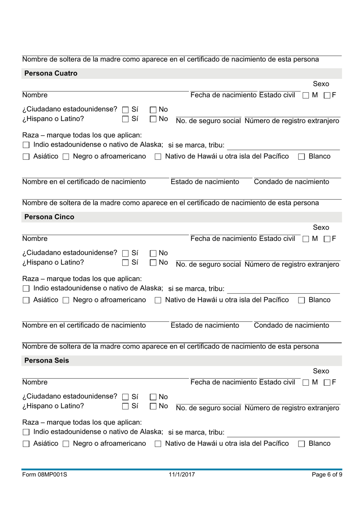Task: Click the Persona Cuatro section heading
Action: click(x=51, y=74)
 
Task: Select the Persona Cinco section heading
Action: click(x=49, y=217)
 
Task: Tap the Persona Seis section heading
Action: click(x=46, y=361)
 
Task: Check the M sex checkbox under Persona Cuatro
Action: click(x=306, y=96)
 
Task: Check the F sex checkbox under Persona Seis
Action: click(x=327, y=383)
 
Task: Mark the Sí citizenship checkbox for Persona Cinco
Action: click(x=125, y=254)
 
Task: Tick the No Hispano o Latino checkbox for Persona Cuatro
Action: click(x=153, y=119)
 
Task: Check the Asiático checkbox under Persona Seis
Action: click(x=26, y=444)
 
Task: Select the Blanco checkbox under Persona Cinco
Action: click(x=302, y=300)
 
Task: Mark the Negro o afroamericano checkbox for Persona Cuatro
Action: click(x=66, y=157)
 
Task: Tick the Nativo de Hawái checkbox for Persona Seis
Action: click(x=158, y=444)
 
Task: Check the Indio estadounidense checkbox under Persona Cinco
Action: click(x=26, y=289)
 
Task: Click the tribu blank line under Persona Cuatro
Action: click(x=283, y=146)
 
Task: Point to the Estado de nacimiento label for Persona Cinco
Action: click(x=205, y=326)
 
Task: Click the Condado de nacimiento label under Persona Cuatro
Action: click(x=291, y=182)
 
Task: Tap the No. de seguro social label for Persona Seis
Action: click(x=208, y=408)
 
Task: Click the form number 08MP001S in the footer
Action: click(x=44, y=475)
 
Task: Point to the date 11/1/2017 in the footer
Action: click(x=182, y=475)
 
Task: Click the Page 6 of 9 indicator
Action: click(x=326, y=475)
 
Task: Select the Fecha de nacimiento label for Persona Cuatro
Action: click(x=223, y=95)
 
